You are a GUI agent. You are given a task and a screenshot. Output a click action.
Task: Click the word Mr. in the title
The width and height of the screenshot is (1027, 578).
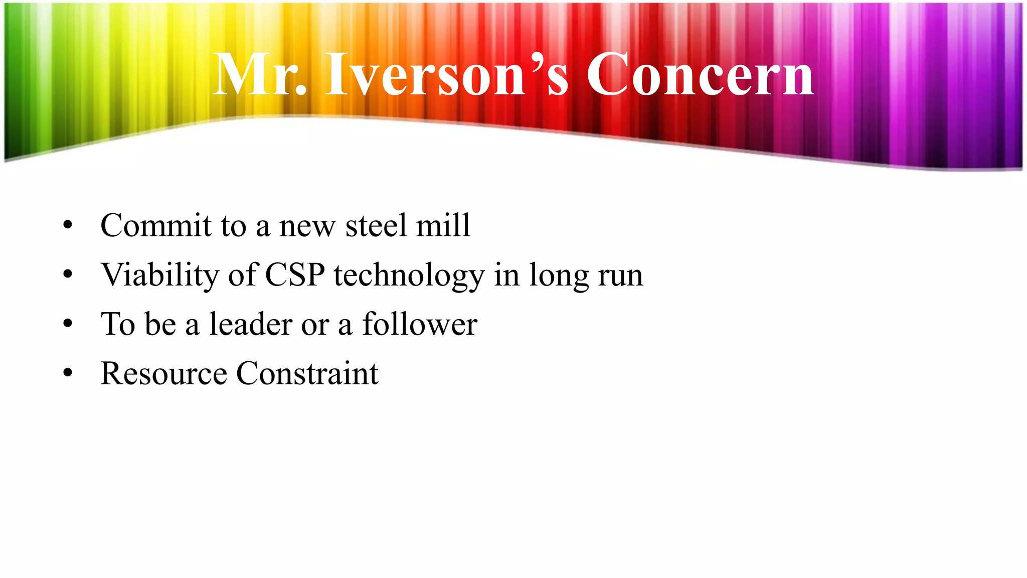coord(259,75)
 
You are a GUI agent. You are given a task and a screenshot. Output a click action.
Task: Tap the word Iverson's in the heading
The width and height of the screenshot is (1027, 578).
coord(447,75)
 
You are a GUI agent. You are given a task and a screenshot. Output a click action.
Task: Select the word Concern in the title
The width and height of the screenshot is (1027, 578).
coord(700,75)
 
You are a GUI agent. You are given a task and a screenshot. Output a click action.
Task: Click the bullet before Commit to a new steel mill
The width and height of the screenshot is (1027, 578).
coord(68,225)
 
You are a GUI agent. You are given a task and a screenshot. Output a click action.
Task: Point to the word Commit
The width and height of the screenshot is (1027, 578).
coord(156,225)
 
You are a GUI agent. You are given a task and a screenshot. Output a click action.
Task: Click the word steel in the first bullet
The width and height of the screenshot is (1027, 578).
coord(376,225)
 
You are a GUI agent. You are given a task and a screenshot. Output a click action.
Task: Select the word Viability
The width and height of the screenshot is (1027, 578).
coord(160,275)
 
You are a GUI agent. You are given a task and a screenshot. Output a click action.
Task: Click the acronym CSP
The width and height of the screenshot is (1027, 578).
coord(294,275)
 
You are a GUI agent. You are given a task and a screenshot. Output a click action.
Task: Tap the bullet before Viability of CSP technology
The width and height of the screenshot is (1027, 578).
coord(68,275)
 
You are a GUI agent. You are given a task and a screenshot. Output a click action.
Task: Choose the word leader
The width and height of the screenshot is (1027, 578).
coord(251,324)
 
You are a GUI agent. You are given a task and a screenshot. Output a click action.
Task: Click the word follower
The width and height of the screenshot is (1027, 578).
coord(419,324)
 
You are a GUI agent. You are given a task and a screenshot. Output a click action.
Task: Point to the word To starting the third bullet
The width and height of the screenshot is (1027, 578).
coord(118,324)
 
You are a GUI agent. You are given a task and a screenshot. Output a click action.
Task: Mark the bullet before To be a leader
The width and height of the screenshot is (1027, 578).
coord(68,324)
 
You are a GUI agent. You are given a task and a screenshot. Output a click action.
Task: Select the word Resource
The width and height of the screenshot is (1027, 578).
coord(163,374)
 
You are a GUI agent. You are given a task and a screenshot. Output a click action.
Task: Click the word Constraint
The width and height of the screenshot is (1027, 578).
coord(307,374)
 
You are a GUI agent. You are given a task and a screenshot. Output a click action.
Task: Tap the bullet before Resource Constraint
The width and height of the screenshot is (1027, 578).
coord(68,374)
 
